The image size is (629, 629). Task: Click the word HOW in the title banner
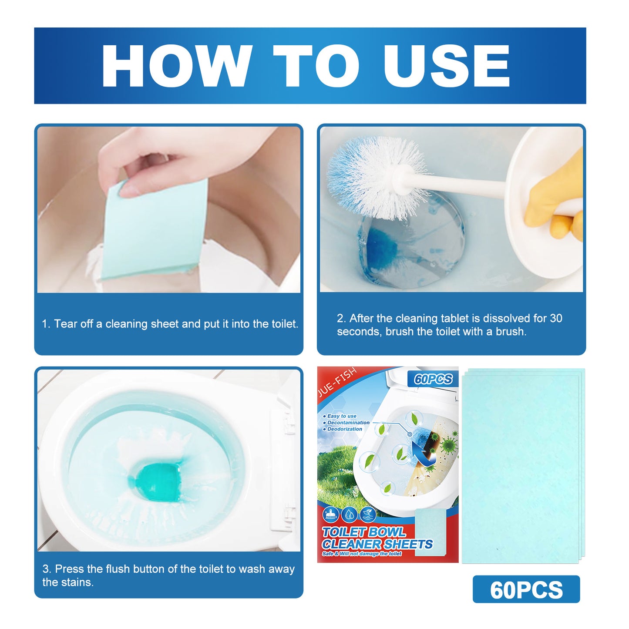(x=177, y=66)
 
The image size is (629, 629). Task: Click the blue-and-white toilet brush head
(x=374, y=176)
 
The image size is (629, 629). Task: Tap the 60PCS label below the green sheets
(x=526, y=590)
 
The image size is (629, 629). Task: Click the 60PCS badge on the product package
(x=433, y=379)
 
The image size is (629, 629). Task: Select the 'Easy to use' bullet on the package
(x=342, y=416)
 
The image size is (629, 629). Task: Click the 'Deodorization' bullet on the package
(x=344, y=429)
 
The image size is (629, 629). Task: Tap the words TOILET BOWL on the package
(x=363, y=532)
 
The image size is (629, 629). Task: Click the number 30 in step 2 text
(x=556, y=318)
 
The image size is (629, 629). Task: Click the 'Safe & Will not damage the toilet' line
(x=362, y=554)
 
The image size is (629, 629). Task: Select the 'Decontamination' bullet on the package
(x=348, y=423)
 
